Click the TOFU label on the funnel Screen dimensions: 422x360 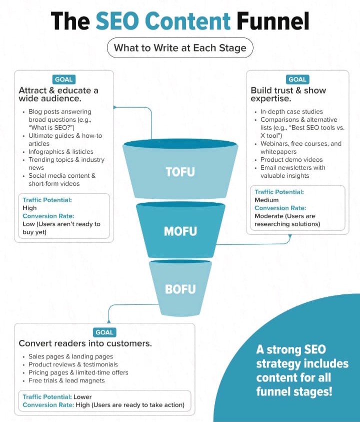[x=180, y=172]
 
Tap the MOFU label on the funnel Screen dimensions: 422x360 [x=180, y=231]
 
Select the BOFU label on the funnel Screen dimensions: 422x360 [x=180, y=289]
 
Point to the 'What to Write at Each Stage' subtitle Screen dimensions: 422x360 [x=180, y=49]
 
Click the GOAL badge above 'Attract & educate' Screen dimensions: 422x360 [x=63, y=79]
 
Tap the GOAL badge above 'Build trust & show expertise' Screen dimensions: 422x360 [x=297, y=79]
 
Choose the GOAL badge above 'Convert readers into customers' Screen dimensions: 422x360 [x=104, y=332]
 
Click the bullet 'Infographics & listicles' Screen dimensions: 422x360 [x=60, y=152]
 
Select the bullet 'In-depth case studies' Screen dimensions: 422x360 [x=291, y=112]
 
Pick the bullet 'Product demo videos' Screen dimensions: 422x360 [x=291, y=160]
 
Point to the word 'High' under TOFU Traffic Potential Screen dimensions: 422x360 [x=29, y=208]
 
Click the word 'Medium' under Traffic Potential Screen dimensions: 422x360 [x=266, y=200]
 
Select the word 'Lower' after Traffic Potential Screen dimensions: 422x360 [x=83, y=397]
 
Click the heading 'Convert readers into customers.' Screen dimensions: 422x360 [x=85, y=343]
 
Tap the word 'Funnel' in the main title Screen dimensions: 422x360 [x=273, y=22]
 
